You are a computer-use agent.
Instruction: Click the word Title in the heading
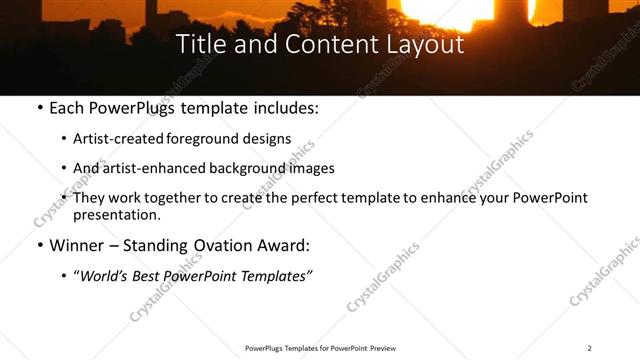[x=201, y=45]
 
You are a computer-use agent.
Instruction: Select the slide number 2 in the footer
[x=590, y=348]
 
